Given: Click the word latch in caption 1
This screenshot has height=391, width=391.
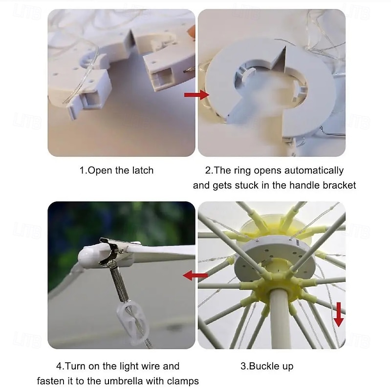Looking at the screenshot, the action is tap(143, 171).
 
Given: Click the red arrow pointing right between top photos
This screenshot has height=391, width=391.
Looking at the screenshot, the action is tap(196, 95).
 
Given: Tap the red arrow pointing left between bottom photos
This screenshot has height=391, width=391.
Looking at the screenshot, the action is tap(195, 275).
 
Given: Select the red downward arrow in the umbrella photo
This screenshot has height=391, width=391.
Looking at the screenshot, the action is tap(338, 314).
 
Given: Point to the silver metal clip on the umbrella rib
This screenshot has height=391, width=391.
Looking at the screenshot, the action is tap(110, 251).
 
